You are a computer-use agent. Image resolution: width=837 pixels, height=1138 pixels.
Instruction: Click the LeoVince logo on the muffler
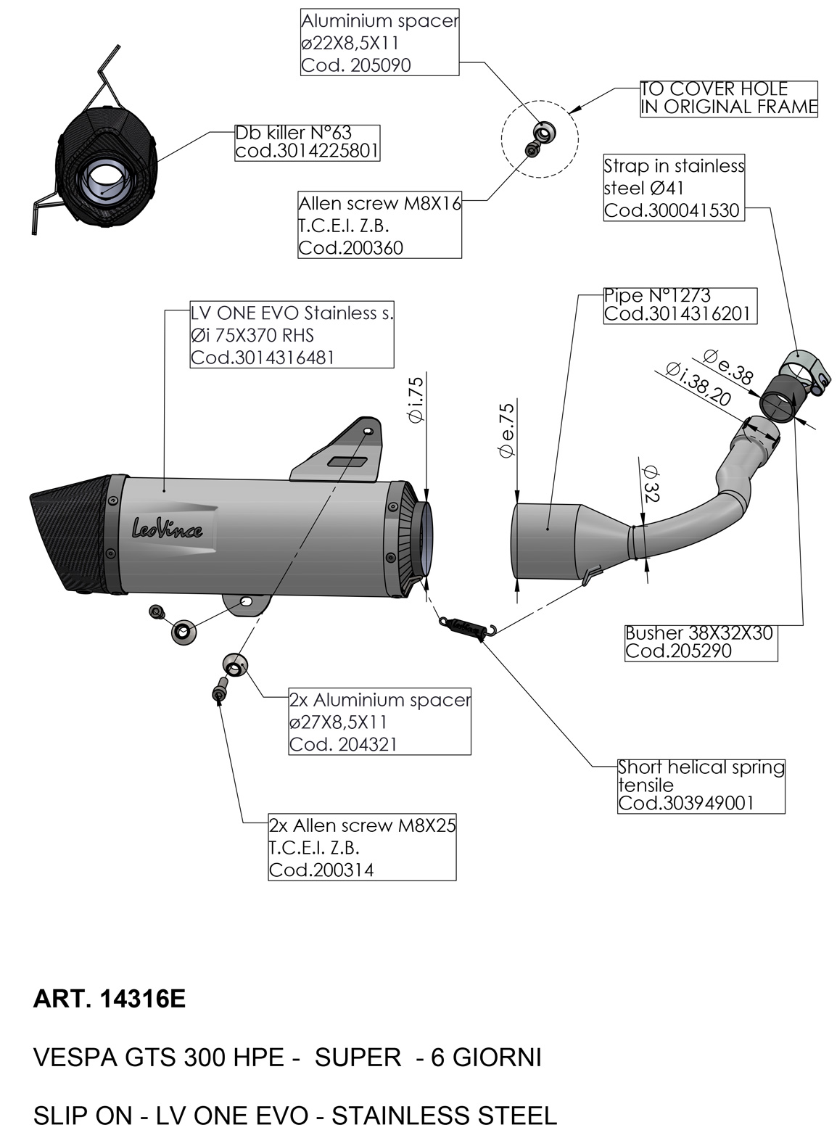click(x=166, y=528)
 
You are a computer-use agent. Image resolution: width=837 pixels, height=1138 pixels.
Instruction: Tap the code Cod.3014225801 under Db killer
click(x=307, y=152)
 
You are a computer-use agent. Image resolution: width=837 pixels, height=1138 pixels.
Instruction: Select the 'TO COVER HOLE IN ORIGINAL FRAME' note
click(x=728, y=98)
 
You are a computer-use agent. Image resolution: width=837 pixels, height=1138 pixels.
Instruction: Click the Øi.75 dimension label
click(x=416, y=400)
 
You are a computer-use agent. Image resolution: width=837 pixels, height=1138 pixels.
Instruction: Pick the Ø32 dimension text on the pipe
click(x=651, y=485)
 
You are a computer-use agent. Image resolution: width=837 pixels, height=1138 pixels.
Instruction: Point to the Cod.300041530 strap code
click(x=672, y=210)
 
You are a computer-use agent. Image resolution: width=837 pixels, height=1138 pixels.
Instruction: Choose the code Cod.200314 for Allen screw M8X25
click(x=321, y=870)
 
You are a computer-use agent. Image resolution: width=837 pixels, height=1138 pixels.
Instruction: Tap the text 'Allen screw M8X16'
click(x=380, y=203)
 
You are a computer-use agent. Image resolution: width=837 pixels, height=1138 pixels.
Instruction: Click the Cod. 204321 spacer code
click(x=343, y=744)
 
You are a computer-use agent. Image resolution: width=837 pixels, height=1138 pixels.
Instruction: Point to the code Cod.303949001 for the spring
click(x=685, y=803)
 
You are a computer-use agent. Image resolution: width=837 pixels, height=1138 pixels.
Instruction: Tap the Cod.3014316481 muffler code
click(x=263, y=358)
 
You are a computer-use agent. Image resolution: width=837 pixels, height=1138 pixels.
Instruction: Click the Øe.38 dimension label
click(x=728, y=366)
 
